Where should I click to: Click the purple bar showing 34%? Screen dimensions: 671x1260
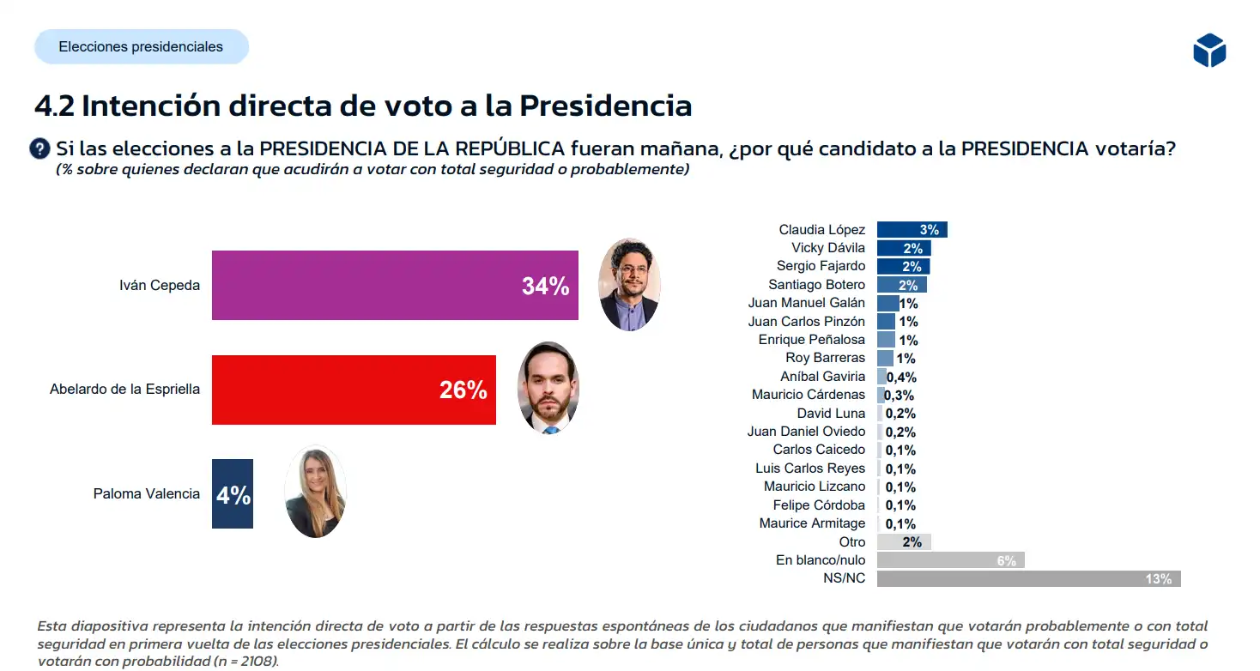coord(395,285)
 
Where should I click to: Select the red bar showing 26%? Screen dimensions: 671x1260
coord(354,390)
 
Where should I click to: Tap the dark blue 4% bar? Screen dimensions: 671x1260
coord(233,494)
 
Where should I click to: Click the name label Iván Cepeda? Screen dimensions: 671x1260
coord(160,285)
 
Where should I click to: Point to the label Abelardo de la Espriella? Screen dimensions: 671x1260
coord(124,390)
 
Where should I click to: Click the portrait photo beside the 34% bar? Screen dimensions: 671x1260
coord(629,285)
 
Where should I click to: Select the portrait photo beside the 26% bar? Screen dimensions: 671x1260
coord(548,388)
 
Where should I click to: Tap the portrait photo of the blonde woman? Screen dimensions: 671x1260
coord(315,493)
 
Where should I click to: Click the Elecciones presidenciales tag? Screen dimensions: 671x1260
coord(141,47)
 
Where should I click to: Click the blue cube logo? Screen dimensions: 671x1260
coord(1209,51)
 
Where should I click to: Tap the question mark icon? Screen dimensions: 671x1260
coord(39,148)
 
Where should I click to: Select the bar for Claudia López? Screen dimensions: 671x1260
coord(912,229)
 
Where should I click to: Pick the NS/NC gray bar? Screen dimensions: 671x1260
coord(1028,578)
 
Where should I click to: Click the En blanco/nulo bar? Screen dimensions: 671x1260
coord(950,560)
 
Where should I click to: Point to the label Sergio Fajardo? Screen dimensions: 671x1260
coord(821,266)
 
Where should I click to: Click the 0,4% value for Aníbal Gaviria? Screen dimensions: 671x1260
coord(901,377)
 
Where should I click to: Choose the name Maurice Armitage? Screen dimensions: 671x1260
coord(812,523)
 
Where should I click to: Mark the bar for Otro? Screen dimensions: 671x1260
coord(904,542)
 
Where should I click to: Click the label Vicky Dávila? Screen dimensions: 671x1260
coord(828,248)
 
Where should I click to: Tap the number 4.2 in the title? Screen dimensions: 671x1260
coord(54,106)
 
